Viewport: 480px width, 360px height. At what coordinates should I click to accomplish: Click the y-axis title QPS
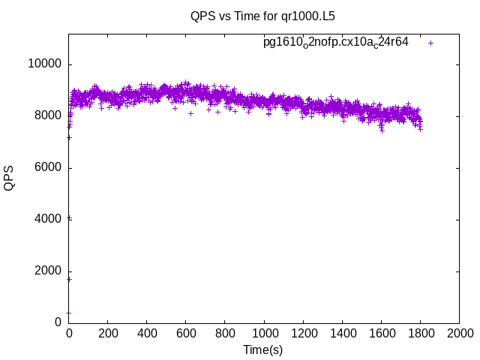coord(10,178)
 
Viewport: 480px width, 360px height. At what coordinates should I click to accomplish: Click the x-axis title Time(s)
coord(262,349)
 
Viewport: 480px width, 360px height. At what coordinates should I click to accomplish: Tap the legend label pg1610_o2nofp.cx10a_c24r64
coord(335,42)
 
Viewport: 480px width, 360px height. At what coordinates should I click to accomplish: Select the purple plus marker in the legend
coord(431,43)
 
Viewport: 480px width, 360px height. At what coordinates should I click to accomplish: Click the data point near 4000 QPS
coord(70,218)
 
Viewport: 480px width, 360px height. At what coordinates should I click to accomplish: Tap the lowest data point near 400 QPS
coord(69,313)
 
